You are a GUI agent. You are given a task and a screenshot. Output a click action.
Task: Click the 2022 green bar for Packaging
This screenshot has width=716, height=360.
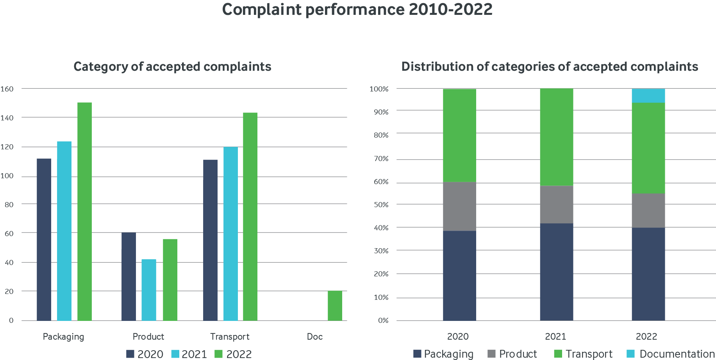[84, 211]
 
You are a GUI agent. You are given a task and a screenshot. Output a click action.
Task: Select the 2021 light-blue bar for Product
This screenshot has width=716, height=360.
[148, 290]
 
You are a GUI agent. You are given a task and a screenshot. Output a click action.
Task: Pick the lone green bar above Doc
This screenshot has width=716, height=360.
[335, 305]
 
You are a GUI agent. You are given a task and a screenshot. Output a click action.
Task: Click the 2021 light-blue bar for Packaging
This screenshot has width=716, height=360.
[64, 231]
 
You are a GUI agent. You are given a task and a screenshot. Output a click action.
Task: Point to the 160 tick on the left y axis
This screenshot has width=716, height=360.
[7, 89]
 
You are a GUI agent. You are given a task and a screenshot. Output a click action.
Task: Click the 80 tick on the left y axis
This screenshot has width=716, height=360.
[9, 204]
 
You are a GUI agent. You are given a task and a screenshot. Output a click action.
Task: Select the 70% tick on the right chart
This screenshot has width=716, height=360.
[381, 159]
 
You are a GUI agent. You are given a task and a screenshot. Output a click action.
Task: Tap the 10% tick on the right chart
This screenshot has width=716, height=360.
[381, 297]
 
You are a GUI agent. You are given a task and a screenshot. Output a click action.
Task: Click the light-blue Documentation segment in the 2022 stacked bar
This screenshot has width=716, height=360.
[648, 95]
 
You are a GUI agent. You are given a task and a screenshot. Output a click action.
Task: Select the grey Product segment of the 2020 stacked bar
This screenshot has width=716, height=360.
[459, 206]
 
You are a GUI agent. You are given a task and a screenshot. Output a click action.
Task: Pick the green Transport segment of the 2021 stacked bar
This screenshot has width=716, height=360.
[556, 137]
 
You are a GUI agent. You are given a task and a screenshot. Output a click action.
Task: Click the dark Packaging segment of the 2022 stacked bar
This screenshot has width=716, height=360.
[648, 274]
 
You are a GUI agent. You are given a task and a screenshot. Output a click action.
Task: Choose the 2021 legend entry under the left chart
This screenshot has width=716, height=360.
[189, 354]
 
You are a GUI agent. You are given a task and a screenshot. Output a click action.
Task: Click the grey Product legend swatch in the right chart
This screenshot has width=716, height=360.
[492, 354]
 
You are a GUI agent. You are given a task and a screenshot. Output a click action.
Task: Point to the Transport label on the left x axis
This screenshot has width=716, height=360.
[230, 337]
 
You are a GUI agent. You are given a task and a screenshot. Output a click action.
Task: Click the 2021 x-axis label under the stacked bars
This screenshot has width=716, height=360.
[555, 337]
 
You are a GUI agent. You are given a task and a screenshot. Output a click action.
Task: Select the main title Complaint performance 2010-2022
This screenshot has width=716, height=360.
[357, 10]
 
